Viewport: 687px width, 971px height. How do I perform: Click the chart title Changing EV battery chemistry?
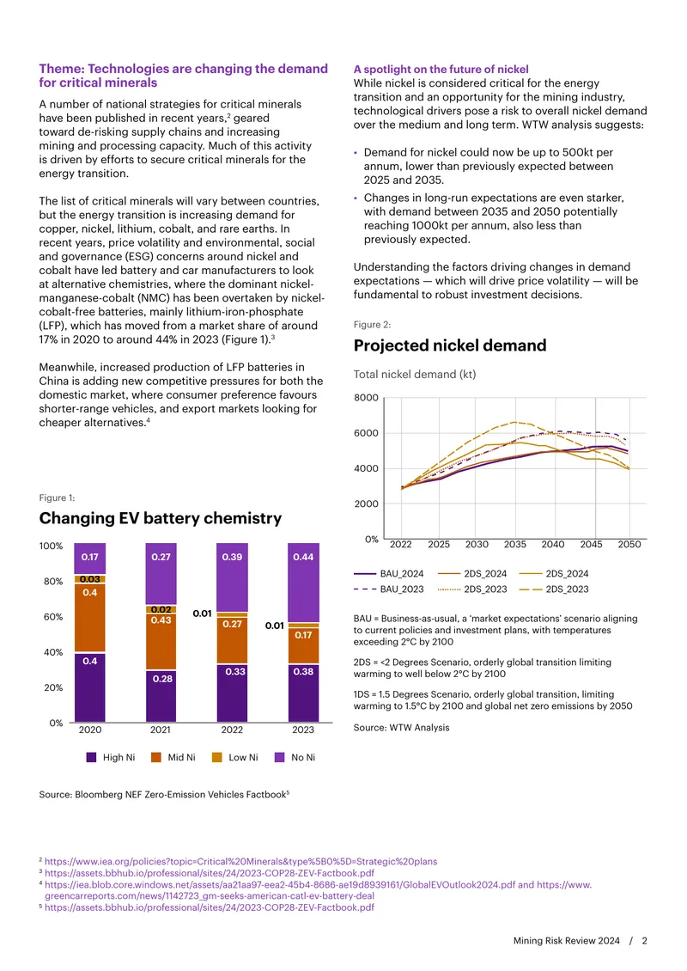pos(161,518)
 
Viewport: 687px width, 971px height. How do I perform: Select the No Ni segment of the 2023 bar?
pos(303,583)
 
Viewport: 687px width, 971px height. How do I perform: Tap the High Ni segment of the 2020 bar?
pos(90,687)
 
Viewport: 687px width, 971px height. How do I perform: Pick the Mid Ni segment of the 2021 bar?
pos(161,641)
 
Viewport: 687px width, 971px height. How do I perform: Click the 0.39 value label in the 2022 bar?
pos(232,557)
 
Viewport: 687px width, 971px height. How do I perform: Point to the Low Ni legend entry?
pos(235,757)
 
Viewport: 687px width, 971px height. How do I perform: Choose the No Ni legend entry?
pos(295,757)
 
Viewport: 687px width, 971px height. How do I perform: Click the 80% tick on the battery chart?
pos(53,582)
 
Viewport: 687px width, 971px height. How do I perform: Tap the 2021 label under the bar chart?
pos(161,730)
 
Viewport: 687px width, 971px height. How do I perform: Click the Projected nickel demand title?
pos(450,345)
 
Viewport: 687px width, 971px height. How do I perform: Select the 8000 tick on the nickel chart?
pos(366,398)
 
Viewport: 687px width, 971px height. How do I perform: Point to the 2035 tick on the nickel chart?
pos(515,544)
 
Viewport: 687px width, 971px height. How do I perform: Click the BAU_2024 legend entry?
pos(389,574)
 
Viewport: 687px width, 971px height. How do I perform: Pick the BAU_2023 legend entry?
pos(389,589)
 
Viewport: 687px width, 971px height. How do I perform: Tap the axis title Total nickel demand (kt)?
pos(415,374)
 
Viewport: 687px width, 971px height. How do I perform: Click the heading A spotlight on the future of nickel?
pos(441,70)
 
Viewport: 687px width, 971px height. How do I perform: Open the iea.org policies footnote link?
pos(240,861)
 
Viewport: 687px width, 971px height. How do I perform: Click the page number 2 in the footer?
pos(644,941)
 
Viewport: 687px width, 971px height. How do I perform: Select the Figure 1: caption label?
pos(57,498)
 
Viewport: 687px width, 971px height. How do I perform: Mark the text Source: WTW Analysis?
pos(402,728)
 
